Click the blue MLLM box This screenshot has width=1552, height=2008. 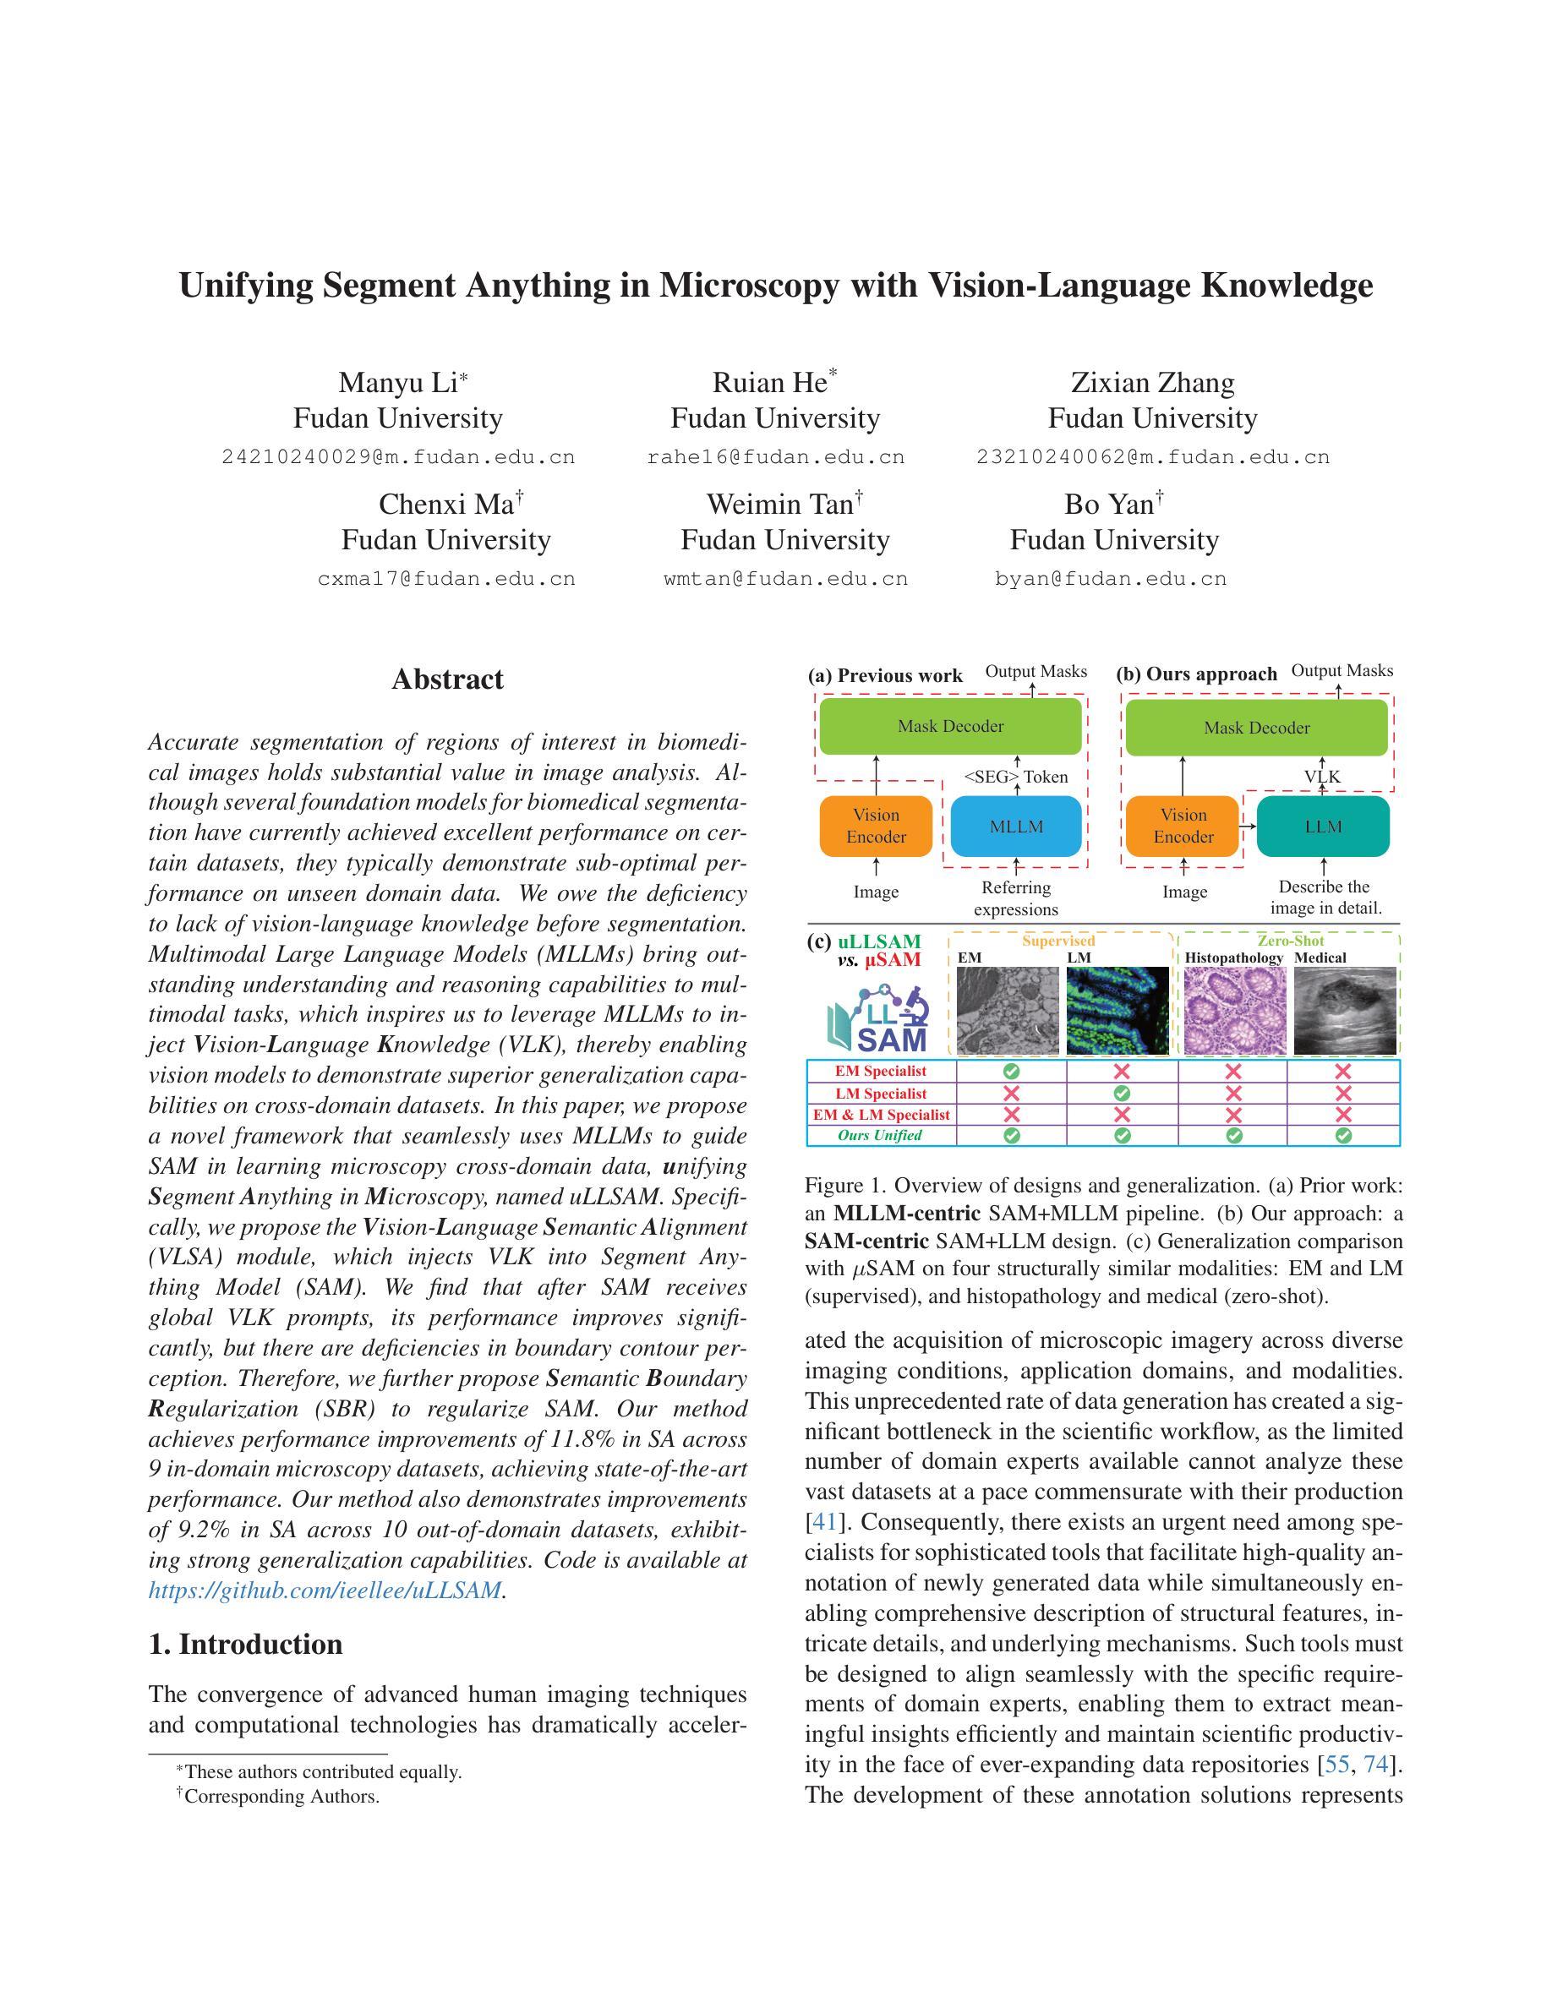pyautogui.click(x=1016, y=827)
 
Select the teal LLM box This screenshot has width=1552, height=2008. pyautogui.click(x=1323, y=827)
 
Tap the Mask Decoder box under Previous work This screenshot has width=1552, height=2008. pyautogui.click(x=950, y=726)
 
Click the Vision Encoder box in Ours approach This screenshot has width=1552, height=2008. pyautogui.click(x=1183, y=827)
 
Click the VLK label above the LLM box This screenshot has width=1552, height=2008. pyautogui.click(x=1322, y=777)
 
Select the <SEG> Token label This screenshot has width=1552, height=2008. pyautogui.click(x=1015, y=777)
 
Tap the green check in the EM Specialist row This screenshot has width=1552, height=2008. pyautogui.click(x=1011, y=1071)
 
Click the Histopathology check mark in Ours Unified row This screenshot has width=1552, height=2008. pyautogui.click(x=1234, y=1136)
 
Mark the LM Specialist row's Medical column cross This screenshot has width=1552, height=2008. pyautogui.click(x=1343, y=1094)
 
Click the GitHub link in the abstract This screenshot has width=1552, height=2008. pyautogui.click(x=325, y=1591)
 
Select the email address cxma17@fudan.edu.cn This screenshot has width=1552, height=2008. pyautogui.click(x=446, y=579)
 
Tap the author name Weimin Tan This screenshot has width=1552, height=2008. pyautogui.click(x=779, y=505)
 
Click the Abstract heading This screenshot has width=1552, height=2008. pyautogui.click(x=448, y=679)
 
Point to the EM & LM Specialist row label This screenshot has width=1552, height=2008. pyautogui.click(x=881, y=1115)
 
